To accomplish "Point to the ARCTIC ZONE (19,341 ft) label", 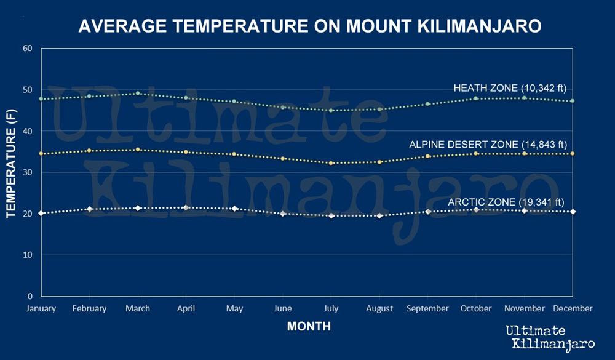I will tap(506, 202).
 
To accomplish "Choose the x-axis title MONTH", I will tap(309, 327).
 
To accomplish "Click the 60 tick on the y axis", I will tap(27, 48).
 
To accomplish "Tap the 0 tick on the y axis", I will tap(30, 296).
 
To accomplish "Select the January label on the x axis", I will tap(41, 308).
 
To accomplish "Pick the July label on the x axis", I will tap(331, 308).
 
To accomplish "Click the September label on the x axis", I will tap(428, 308).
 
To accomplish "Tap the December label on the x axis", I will tap(573, 308).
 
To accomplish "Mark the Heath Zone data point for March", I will tap(138, 94).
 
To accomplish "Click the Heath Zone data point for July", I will tap(331, 110).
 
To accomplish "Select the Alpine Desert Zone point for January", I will tap(41, 153).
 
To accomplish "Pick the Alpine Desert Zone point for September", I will tap(428, 156).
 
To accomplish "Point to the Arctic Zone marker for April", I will tap(186, 207).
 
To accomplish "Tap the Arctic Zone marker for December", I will tap(573, 212).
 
